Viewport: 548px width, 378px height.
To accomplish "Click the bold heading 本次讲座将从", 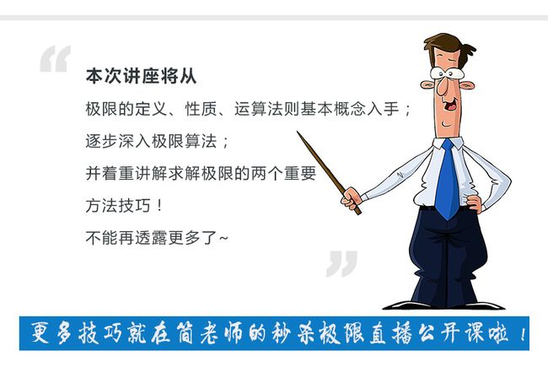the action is pyautogui.click(x=141, y=76).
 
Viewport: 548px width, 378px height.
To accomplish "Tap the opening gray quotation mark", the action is pyautogui.click(x=55, y=59).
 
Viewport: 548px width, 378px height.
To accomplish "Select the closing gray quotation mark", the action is pyautogui.click(x=341, y=263).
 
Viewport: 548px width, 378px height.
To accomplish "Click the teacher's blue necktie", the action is pyautogui.click(x=447, y=179).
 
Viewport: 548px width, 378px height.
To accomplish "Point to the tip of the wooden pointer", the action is pyautogui.click(x=298, y=132).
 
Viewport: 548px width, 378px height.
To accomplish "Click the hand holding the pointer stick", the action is pyautogui.click(x=352, y=198).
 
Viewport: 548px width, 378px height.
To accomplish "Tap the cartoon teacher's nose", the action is pyautogui.click(x=443, y=88).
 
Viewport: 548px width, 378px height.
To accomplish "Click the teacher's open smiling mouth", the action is pyautogui.click(x=450, y=104).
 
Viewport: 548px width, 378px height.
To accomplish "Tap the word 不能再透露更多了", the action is pyautogui.click(x=151, y=238).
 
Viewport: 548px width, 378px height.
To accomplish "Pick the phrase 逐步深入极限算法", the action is pyautogui.click(x=151, y=141).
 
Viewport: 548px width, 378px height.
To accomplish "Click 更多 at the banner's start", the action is pyautogui.click(x=51, y=332).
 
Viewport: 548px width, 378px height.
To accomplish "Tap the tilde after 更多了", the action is pyautogui.click(x=223, y=238).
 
